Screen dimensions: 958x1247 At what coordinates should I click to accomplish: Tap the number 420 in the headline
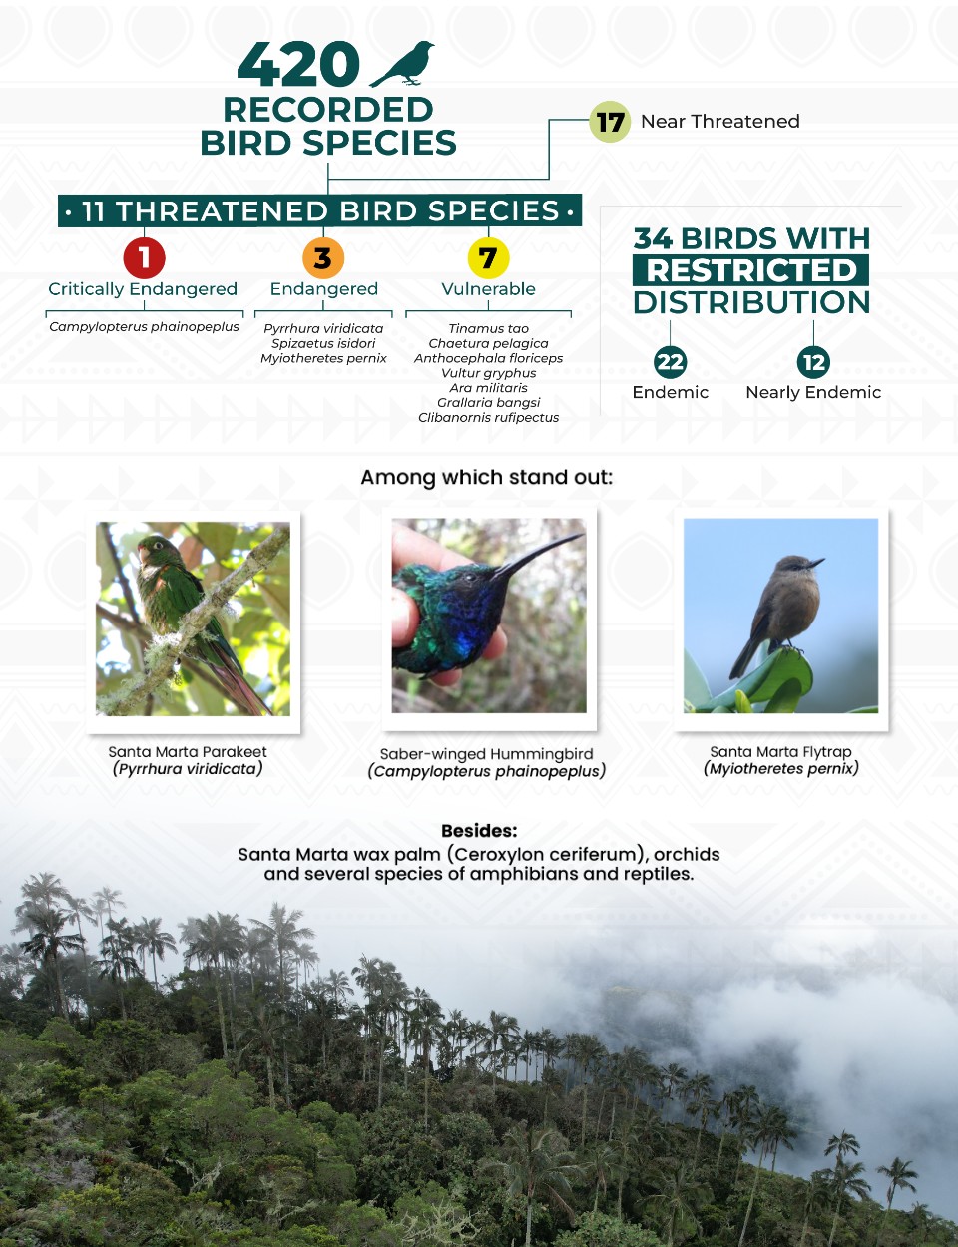tap(298, 64)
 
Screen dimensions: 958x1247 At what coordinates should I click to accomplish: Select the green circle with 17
tap(610, 121)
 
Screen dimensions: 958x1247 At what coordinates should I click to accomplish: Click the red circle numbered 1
tap(144, 257)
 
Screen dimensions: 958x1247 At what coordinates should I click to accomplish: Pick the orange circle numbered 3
tap(323, 257)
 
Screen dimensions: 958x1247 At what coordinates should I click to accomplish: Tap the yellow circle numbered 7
tap(488, 257)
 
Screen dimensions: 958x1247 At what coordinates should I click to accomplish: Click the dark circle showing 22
tap(670, 362)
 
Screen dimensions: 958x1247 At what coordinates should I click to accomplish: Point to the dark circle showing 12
tap(813, 362)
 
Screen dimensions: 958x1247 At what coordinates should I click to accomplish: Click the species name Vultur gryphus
tap(488, 373)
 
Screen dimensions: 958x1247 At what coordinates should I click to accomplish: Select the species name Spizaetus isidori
tap(323, 343)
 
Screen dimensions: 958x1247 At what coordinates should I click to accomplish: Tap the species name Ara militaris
tap(488, 387)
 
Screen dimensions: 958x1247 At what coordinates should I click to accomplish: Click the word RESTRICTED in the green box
tap(751, 270)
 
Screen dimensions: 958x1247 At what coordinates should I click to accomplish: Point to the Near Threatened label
tap(720, 121)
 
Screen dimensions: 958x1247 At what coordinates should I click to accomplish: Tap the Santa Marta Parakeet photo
tap(193, 619)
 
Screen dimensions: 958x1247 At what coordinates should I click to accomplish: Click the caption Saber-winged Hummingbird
tap(487, 754)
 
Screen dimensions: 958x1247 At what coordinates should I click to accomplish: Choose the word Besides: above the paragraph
tap(479, 830)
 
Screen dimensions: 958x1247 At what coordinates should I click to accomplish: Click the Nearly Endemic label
tap(813, 392)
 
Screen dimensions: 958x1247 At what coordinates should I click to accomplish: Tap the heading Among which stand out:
tap(487, 478)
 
